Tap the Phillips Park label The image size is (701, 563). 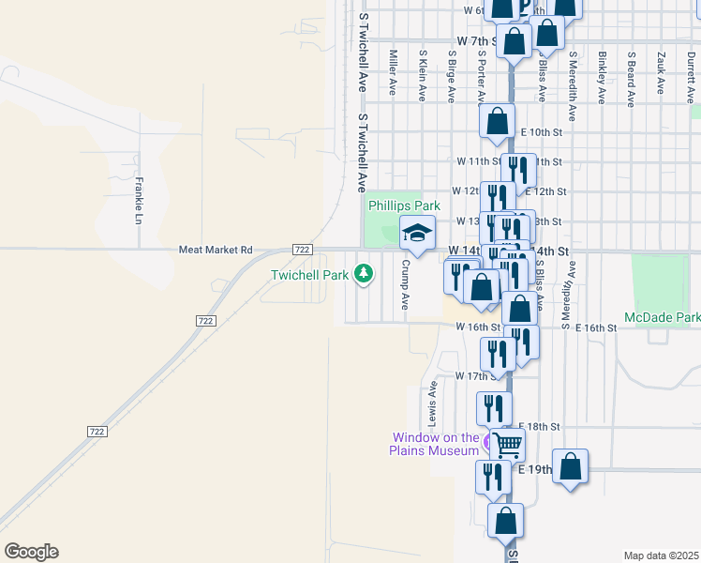pyautogui.click(x=403, y=205)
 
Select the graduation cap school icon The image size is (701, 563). pyautogui.click(x=417, y=232)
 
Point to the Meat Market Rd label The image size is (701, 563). pyautogui.click(x=216, y=250)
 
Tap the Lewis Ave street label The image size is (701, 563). pyautogui.click(x=432, y=401)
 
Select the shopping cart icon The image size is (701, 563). pyautogui.click(x=507, y=444)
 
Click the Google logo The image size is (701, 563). pyautogui.click(x=31, y=552)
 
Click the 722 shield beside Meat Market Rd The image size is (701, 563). pyautogui.click(x=302, y=249)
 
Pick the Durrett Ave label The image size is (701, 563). pyautogui.click(x=690, y=73)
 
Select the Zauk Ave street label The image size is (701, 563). pyautogui.click(x=661, y=73)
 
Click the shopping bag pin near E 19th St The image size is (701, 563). pyautogui.click(x=570, y=466)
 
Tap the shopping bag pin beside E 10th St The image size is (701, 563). pyautogui.click(x=497, y=121)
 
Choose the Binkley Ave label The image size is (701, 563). pyautogui.click(x=601, y=73)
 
